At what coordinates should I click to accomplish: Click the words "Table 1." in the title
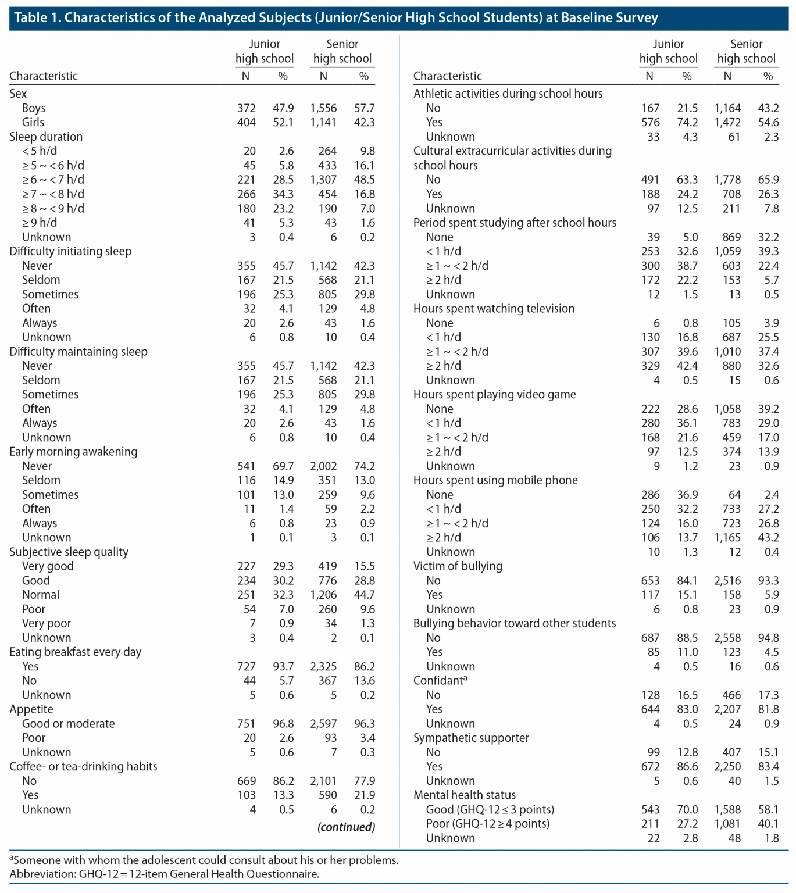37,17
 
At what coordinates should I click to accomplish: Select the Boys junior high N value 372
246,108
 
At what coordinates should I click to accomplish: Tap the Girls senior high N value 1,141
323,122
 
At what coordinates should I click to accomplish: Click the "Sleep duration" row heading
46,137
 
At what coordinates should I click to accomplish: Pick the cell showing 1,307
323,180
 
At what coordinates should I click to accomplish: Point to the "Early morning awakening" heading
73,452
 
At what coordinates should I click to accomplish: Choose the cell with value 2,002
323,466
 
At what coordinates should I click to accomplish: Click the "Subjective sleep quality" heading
69,552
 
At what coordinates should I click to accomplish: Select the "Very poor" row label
47,623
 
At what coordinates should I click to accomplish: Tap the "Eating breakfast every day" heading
75,652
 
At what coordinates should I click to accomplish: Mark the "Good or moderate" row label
68,724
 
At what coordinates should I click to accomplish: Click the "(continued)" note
346,827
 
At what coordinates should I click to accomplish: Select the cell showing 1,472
727,122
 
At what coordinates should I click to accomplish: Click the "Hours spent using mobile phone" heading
495,480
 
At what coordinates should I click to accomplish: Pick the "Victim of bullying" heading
458,566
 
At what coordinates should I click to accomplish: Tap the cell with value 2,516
727,581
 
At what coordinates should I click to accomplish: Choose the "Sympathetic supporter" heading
471,738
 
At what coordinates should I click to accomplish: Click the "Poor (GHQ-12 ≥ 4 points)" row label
487,824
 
